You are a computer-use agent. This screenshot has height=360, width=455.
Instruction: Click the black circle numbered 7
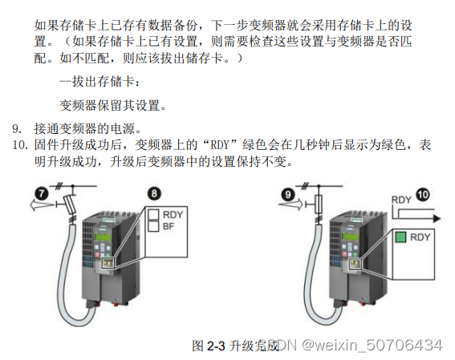point(42,193)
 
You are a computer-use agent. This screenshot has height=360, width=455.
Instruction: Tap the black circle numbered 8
point(154,193)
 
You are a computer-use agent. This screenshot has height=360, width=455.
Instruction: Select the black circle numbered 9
point(287,195)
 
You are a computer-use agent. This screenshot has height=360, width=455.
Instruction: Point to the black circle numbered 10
point(423,195)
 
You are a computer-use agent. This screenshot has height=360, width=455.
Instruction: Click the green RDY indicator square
point(400,237)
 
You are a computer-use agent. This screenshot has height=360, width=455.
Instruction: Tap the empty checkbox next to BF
point(153,226)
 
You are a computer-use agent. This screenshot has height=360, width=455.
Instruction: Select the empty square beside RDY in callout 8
point(153,215)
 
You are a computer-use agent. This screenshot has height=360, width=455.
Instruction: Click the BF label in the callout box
point(169,226)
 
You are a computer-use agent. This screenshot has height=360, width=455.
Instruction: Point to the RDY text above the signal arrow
point(401,200)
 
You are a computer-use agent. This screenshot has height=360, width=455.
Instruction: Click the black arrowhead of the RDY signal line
point(437,219)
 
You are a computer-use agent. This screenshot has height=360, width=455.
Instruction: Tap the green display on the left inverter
point(102,237)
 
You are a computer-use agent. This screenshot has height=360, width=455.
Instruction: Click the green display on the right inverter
point(348,237)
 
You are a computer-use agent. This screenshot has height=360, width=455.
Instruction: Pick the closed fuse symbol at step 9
point(319,204)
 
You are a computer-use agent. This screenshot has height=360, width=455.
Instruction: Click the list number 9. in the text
point(17,129)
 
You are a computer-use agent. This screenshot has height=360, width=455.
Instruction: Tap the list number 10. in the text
point(20,144)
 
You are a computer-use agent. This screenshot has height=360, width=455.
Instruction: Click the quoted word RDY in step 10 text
point(220,144)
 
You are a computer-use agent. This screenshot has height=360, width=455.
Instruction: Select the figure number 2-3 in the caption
point(216,346)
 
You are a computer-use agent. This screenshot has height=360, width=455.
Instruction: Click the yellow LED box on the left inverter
point(108,263)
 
